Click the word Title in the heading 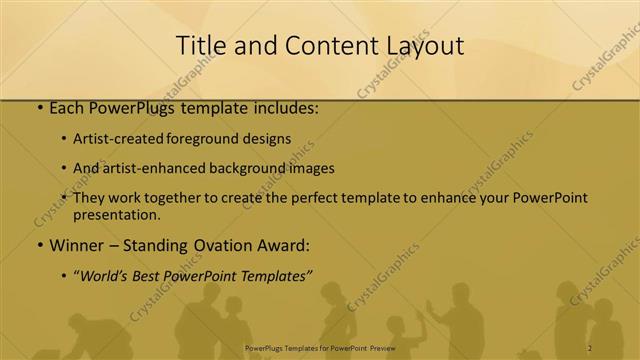pyautogui.click(x=200, y=46)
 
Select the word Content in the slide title pyautogui.click(x=327, y=46)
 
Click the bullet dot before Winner pyautogui.click(x=39, y=245)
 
